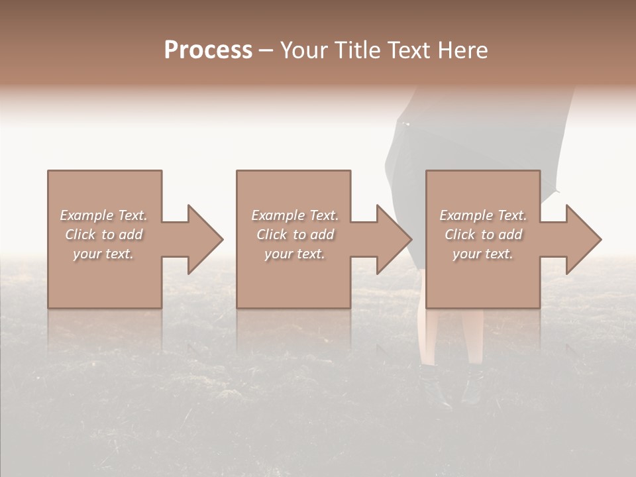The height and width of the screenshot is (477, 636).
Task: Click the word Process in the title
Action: pyautogui.click(x=208, y=50)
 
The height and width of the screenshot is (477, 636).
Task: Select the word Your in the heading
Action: pyautogui.click(x=304, y=50)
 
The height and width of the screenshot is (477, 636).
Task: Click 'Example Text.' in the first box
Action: pyautogui.click(x=103, y=215)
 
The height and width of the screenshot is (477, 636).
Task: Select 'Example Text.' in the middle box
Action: pyautogui.click(x=294, y=215)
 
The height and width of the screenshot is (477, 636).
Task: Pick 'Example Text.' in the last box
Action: pyautogui.click(x=483, y=215)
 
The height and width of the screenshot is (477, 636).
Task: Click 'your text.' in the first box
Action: pyautogui.click(x=103, y=254)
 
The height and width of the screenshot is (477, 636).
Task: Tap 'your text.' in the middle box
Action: pyautogui.click(x=294, y=254)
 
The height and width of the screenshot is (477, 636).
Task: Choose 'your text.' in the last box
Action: pyautogui.click(x=483, y=254)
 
